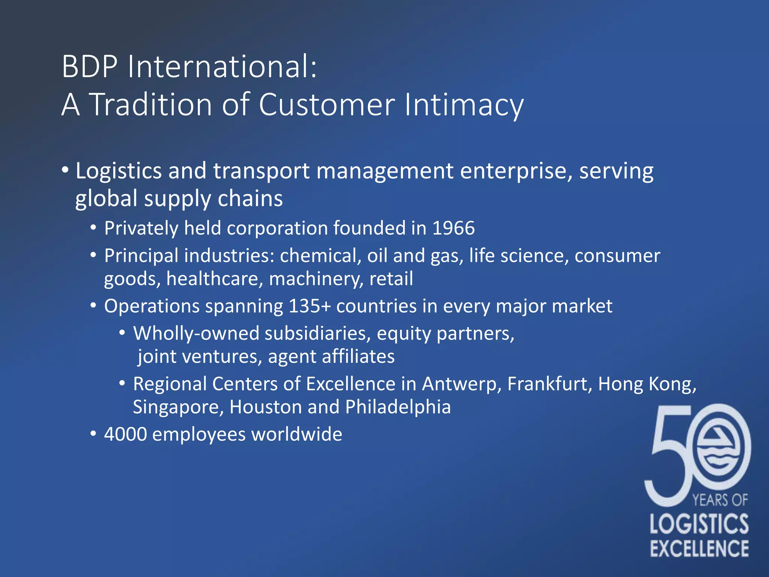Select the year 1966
(454, 228)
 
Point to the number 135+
(310, 306)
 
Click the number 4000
(125, 434)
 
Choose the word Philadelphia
(398, 407)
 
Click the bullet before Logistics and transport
(66, 170)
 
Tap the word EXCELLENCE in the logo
(699, 548)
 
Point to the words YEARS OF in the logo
(720, 500)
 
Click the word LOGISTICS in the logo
(699, 524)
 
